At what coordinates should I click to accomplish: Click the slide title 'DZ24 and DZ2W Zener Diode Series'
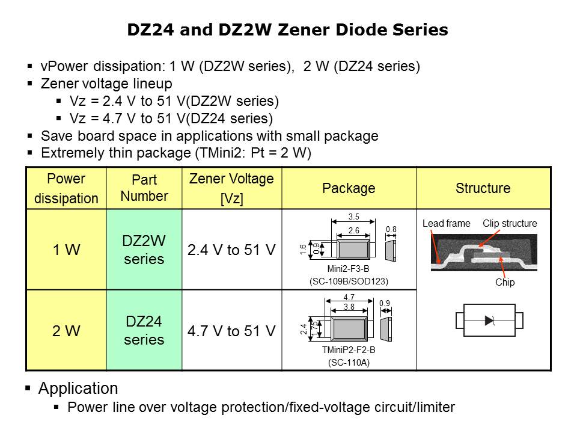287,30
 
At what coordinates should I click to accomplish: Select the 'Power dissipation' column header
66,188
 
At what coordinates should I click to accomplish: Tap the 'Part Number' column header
144,188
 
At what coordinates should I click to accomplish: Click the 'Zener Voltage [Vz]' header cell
231,188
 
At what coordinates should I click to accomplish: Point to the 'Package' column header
349,188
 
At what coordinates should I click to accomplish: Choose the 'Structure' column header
483,188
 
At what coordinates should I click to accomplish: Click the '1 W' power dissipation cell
66,250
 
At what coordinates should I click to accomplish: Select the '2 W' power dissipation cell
66,330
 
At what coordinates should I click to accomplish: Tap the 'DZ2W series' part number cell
144,250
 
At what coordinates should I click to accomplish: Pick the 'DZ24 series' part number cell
144,330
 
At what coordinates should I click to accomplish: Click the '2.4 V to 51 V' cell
231,250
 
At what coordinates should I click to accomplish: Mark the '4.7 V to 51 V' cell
231,330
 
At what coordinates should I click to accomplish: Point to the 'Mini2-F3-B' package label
349,269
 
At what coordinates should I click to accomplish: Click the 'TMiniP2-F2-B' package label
349,350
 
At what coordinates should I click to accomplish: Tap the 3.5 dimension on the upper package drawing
353,217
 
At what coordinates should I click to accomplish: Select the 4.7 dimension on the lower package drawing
349,297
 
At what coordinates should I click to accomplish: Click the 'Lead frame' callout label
446,224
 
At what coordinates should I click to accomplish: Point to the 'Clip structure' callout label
510,224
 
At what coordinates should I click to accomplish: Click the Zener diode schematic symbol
489,321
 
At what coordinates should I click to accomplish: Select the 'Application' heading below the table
78,388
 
